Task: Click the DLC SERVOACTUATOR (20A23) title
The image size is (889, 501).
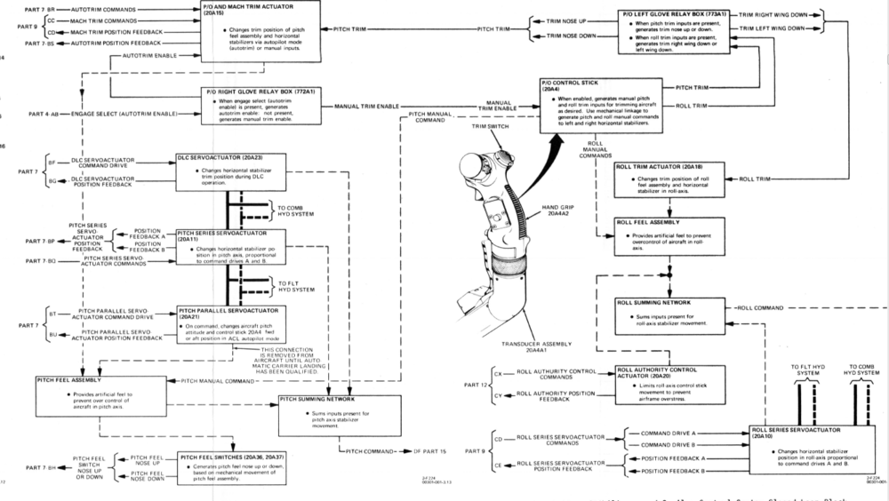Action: point(218,156)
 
